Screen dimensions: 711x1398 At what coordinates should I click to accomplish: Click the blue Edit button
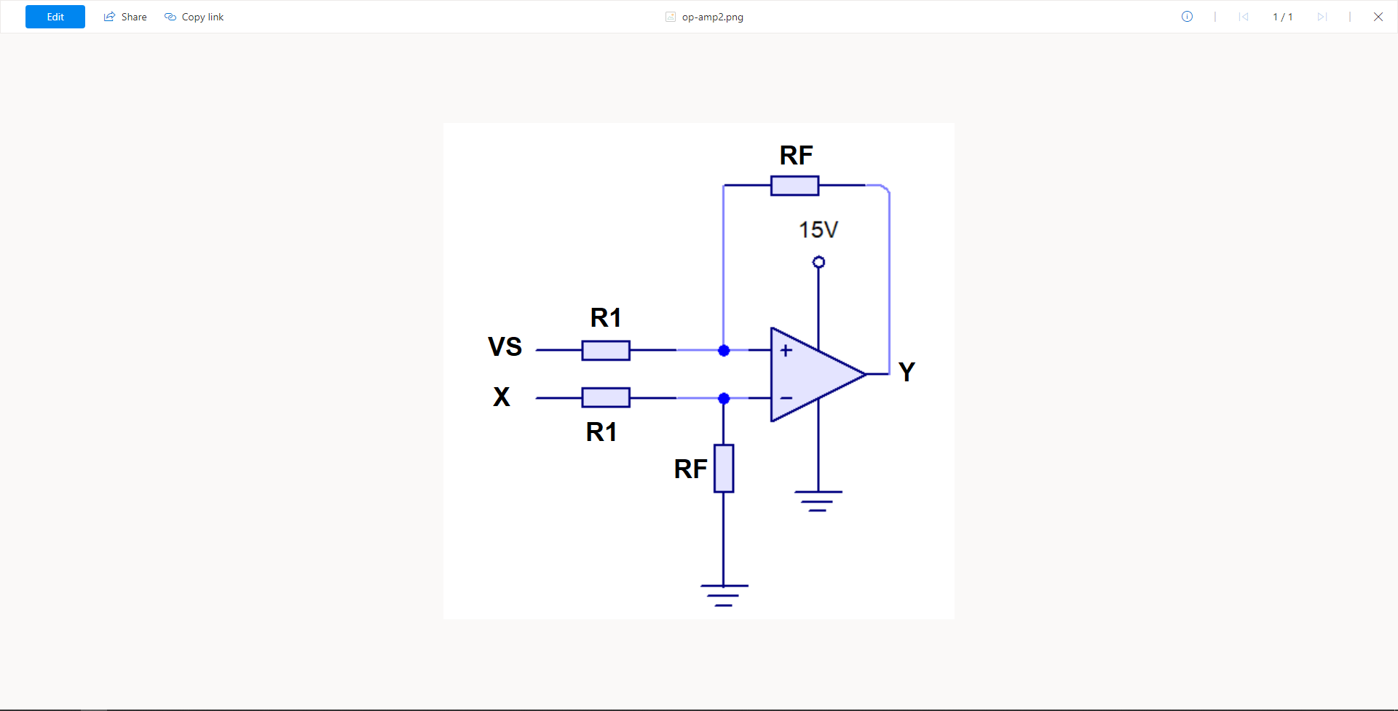(x=55, y=17)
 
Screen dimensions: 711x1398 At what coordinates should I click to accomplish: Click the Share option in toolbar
(x=125, y=17)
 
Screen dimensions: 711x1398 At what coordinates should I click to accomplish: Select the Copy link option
(x=194, y=17)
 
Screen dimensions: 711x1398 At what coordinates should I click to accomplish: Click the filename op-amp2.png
(x=711, y=17)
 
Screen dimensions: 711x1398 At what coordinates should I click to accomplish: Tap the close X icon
(x=1378, y=17)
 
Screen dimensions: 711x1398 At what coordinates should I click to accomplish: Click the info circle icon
(x=1187, y=17)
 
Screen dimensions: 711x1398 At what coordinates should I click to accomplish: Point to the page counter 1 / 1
(x=1282, y=17)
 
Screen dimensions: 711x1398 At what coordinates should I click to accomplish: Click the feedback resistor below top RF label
(x=794, y=186)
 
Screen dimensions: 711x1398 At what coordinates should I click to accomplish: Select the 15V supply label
(x=818, y=230)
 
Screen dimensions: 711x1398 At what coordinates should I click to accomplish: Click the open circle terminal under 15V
(x=818, y=262)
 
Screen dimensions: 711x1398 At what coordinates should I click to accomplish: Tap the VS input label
(x=505, y=347)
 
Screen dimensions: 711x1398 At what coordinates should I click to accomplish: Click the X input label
(x=502, y=397)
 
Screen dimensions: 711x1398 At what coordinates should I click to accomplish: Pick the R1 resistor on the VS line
(x=606, y=350)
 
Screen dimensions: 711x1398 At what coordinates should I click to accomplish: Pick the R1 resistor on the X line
(x=606, y=397)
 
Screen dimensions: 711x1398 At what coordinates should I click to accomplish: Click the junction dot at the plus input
(x=724, y=351)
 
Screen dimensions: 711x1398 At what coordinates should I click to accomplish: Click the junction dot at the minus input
(x=724, y=398)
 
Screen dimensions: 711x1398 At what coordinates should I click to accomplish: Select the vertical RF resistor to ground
(x=724, y=468)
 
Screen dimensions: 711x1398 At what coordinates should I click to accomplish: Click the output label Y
(x=907, y=372)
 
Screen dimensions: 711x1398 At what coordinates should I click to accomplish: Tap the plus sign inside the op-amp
(x=786, y=351)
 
